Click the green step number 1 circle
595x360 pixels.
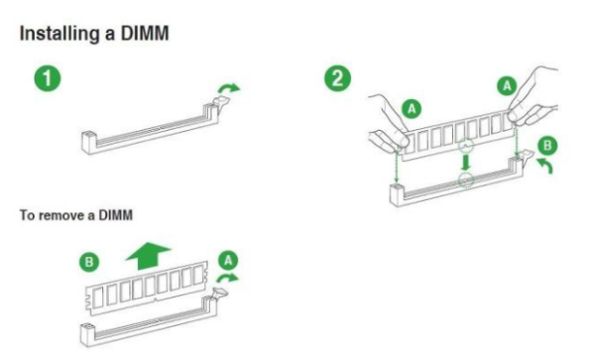[x=48, y=78]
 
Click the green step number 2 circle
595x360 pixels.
[x=337, y=78]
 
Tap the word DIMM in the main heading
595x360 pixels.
[x=145, y=34]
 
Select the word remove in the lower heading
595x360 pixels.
[x=61, y=215]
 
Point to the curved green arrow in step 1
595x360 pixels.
[x=229, y=88]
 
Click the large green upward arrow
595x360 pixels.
[x=149, y=257]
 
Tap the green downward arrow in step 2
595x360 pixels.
[x=466, y=162]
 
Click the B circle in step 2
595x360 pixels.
[x=547, y=146]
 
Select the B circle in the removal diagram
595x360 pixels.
[x=89, y=262]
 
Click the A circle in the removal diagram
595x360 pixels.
[x=228, y=261]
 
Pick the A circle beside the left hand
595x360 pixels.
[x=412, y=109]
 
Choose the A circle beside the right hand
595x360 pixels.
[x=507, y=86]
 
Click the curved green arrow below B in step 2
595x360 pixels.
[x=544, y=166]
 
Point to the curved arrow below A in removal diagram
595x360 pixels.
[x=227, y=278]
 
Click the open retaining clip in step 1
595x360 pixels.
[x=221, y=102]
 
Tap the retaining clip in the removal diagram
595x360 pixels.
[x=220, y=294]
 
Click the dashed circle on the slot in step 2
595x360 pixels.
[x=466, y=180]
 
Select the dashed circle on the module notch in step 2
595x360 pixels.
[x=466, y=146]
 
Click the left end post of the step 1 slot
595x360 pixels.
[x=88, y=142]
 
